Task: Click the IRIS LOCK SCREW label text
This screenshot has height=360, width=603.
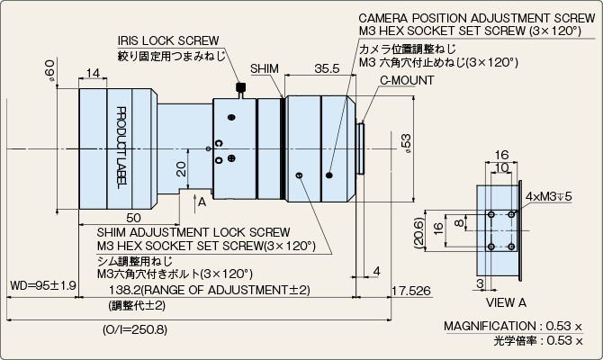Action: (x=168, y=40)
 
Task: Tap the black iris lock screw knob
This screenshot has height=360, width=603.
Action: (x=240, y=87)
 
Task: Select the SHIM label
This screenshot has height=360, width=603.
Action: (x=265, y=68)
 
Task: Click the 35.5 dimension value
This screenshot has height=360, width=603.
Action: (x=327, y=68)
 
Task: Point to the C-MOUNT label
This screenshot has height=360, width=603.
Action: (x=407, y=80)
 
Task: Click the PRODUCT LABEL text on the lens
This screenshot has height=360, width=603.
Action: (x=121, y=148)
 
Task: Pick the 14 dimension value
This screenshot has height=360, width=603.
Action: (x=93, y=73)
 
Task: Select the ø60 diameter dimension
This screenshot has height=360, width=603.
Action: (x=50, y=70)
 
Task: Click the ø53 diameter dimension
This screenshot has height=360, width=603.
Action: (x=406, y=143)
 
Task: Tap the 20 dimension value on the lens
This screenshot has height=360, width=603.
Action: (x=181, y=169)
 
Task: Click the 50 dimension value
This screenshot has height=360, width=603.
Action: (x=133, y=218)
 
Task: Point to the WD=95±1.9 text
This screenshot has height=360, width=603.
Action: (x=43, y=285)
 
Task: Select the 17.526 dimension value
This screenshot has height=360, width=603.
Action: (x=411, y=291)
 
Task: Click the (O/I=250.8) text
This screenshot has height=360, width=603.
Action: (x=135, y=329)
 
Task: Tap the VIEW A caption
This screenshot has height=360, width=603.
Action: (x=506, y=302)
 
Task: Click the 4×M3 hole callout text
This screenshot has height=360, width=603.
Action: (x=548, y=196)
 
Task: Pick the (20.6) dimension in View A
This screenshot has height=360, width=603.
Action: (x=419, y=233)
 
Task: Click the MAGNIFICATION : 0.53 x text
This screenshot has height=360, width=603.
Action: (x=513, y=326)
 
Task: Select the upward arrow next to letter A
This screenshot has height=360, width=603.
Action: (x=194, y=202)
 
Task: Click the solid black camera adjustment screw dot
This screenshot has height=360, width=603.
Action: (x=329, y=175)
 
